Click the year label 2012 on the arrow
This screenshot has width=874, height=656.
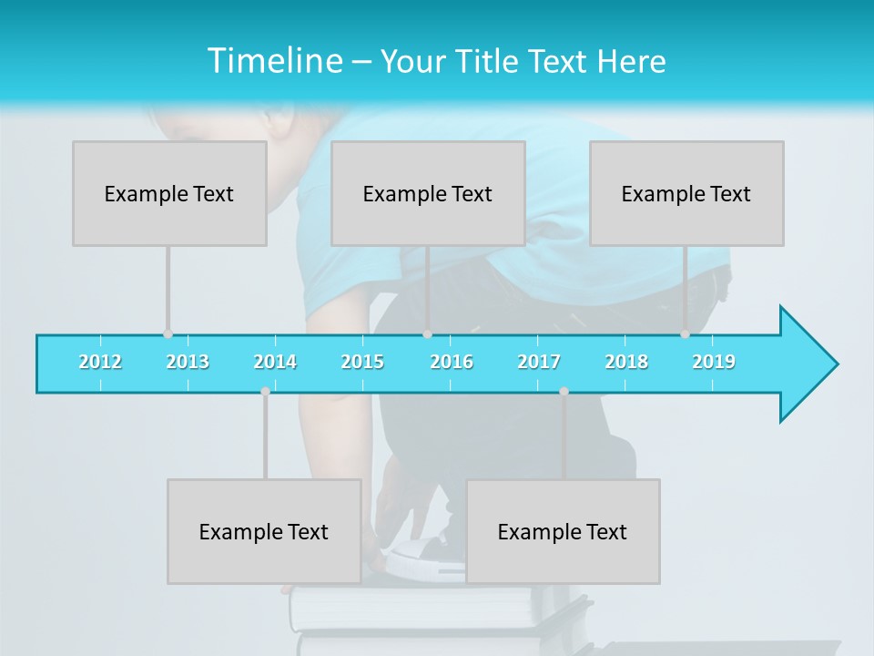pyautogui.click(x=100, y=362)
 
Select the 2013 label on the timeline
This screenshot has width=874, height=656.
pyautogui.click(x=188, y=362)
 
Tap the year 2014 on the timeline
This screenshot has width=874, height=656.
pyautogui.click(x=275, y=362)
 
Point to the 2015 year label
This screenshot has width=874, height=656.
pyautogui.click(x=362, y=362)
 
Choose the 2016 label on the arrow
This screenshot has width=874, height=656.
pyautogui.click(x=452, y=362)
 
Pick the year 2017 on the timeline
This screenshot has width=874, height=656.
pyautogui.click(x=539, y=362)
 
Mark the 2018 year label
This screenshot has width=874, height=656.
pyautogui.click(x=626, y=362)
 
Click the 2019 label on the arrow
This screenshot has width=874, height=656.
pyautogui.click(x=714, y=362)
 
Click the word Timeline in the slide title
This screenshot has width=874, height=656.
pyautogui.click(x=273, y=61)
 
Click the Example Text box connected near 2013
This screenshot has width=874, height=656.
pyautogui.click(x=169, y=193)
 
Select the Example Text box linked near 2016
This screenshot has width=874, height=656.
pyautogui.click(x=428, y=193)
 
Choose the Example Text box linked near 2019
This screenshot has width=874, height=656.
pyautogui.click(x=686, y=193)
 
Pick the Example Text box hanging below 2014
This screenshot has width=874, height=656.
pyautogui.click(x=264, y=531)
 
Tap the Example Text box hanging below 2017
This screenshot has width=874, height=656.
pyautogui.click(x=563, y=531)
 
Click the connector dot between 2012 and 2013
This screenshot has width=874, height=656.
pyautogui.click(x=168, y=334)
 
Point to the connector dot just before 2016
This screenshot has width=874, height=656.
pyautogui.click(x=427, y=334)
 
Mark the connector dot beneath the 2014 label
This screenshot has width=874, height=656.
pyautogui.click(x=265, y=392)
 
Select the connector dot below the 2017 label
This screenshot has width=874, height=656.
pyautogui.click(x=564, y=392)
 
